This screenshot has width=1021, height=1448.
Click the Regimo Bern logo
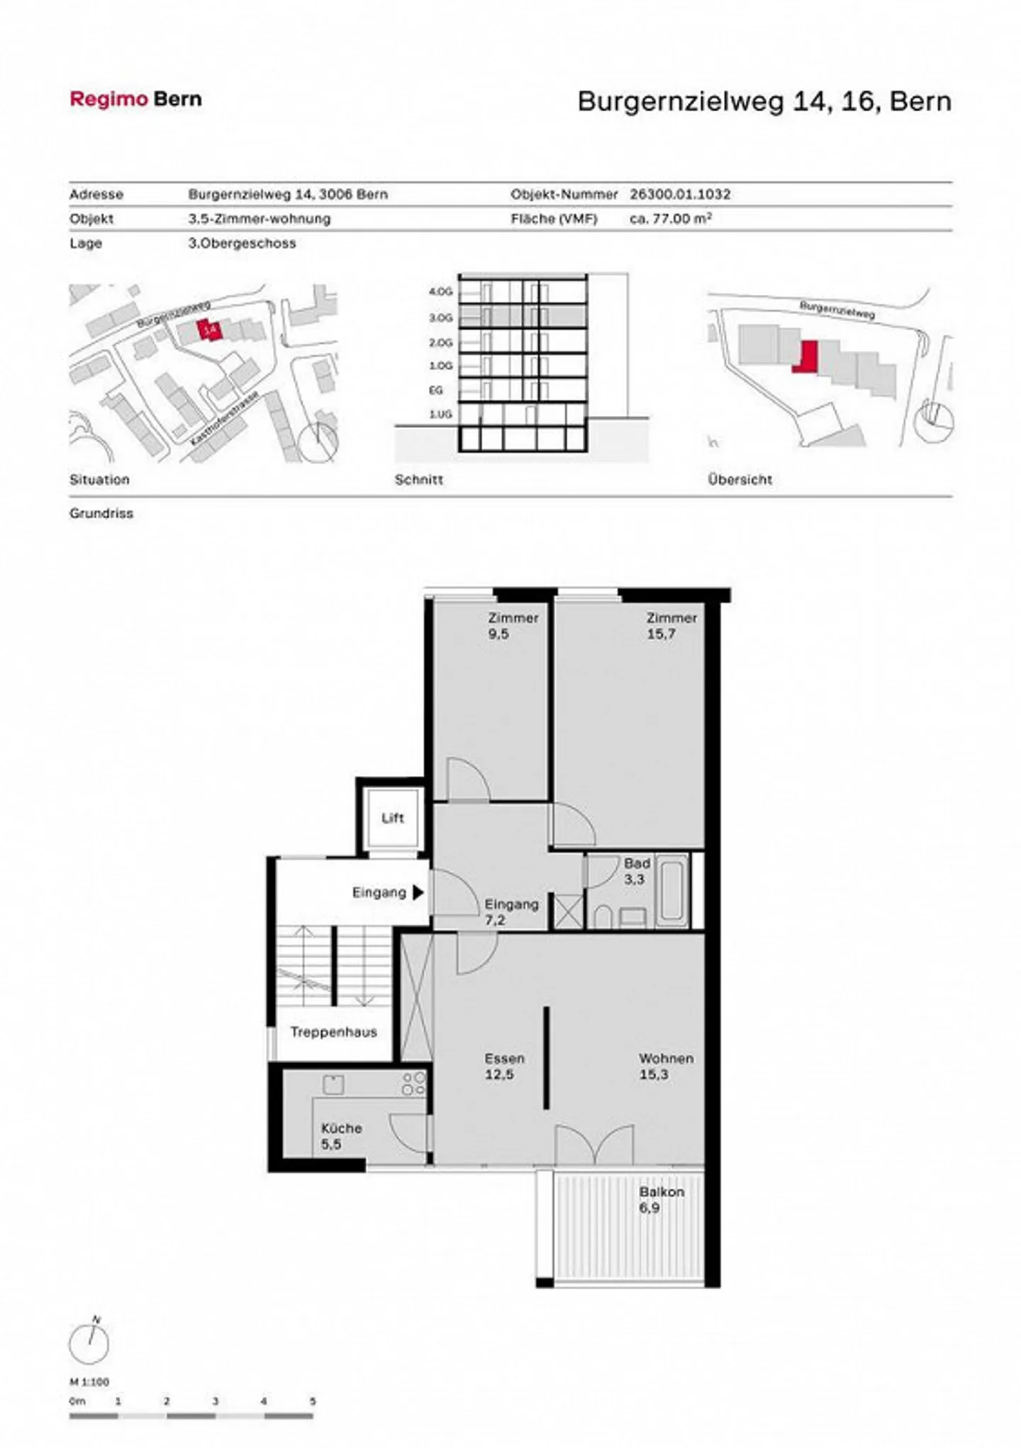[135, 99]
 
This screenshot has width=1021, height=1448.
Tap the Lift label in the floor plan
[392, 818]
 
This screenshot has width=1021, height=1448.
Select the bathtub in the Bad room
[671, 890]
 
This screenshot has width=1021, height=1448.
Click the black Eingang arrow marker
[418, 892]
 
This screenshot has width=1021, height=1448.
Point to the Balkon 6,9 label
[661, 1199]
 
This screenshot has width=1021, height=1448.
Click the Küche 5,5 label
[341, 1135]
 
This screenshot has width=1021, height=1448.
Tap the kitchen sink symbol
[333, 1084]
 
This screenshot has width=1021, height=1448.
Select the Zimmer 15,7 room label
[671, 625]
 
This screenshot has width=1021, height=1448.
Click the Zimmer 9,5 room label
[513, 625]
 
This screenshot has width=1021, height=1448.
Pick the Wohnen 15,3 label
[665, 1066]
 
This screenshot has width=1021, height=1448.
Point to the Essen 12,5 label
[504, 1066]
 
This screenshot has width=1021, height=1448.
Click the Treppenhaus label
[333, 1032]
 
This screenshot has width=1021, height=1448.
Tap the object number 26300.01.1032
[679, 194]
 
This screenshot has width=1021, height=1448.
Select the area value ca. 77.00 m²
[670, 219]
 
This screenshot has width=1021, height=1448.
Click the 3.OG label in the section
[440, 318]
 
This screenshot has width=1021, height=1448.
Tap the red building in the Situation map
[209, 330]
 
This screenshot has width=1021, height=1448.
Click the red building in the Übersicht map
[806, 356]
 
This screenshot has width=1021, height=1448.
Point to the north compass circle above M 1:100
[89, 1344]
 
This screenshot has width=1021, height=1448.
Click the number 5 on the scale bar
[312, 1401]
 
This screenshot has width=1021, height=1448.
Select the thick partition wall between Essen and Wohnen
[545, 1057]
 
